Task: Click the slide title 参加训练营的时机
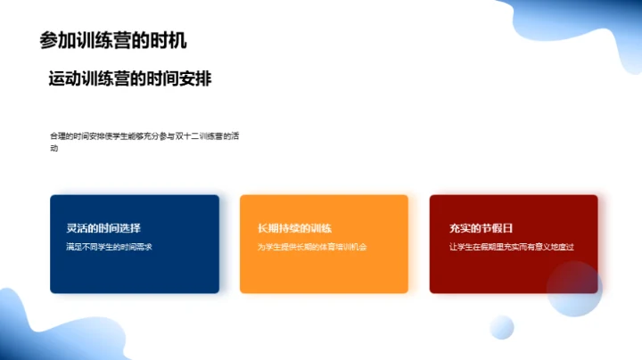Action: click(113, 40)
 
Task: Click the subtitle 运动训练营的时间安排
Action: click(129, 78)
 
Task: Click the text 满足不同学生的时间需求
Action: click(103, 247)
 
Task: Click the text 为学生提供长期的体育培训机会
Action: click(312, 247)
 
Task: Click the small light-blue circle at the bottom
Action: click(502, 327)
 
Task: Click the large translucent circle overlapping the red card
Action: click(574, 290)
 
